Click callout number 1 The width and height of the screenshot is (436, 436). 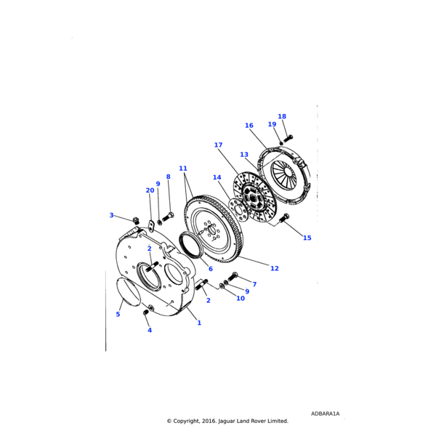[x=199, y=323]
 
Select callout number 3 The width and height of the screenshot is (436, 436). [x=111, y=215]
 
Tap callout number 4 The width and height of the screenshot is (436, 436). [x=150, y=331]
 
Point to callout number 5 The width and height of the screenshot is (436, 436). [x=118, y=315]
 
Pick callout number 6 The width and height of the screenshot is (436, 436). [x=211, y=269]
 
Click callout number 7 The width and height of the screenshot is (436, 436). [x=254, y=284]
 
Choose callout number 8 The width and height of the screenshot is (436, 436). [x=168, y=177]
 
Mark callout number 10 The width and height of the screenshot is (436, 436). [x=241, y=299]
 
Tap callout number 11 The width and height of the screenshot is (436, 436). [x=183, y=169]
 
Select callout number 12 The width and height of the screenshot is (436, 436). [x=275, y=269]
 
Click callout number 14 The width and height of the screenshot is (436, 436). [x=217, y=177]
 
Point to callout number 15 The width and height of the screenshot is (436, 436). [x=307, y=238]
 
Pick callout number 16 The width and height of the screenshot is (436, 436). [x=249, y=126]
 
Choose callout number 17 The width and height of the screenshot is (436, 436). [x=218, y=145]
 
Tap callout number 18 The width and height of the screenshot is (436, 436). [x=282, y=116]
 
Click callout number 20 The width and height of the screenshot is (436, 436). [x=150, y=190]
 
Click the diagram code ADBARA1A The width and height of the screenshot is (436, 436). [x=325, y=413]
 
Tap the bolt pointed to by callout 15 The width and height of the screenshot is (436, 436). [x=285, y=219]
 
